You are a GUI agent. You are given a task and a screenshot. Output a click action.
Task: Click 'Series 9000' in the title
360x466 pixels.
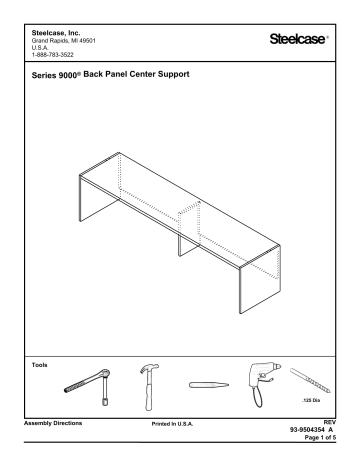click(x=54, y=78)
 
